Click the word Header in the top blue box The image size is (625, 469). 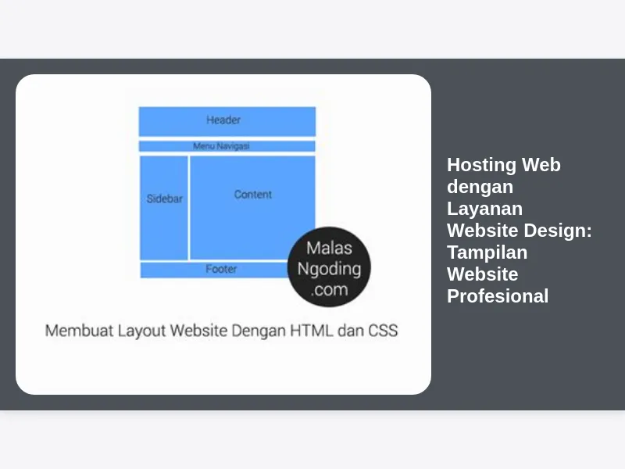pos(223,120)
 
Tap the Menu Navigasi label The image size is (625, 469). pos(221,146)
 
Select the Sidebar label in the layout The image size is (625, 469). pos(164,199)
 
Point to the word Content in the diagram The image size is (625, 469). pos(252,194)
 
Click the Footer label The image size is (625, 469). pos(221,269)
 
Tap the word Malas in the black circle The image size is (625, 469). pos(329,248)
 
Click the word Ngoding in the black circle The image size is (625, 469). pos(329,269)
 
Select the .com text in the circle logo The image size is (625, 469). pos(329,289)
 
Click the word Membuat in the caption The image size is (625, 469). pos(80,331)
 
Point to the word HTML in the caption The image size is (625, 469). pos(311,331)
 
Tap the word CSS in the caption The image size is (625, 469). pos(383,331)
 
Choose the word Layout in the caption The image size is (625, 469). pos(141,331)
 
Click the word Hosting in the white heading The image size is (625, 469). pos(481,165)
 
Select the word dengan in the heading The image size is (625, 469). pos(480,187)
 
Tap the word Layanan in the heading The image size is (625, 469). pos(484,209)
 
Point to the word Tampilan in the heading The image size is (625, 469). pos(487,252)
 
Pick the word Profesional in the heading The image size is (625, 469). pos(498,296)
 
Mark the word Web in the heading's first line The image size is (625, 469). pos(541,165)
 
